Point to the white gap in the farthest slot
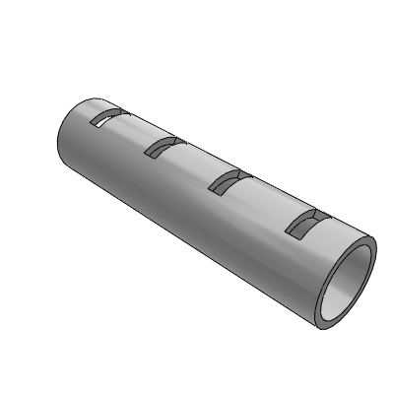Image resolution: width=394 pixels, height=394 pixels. point(100,121)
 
